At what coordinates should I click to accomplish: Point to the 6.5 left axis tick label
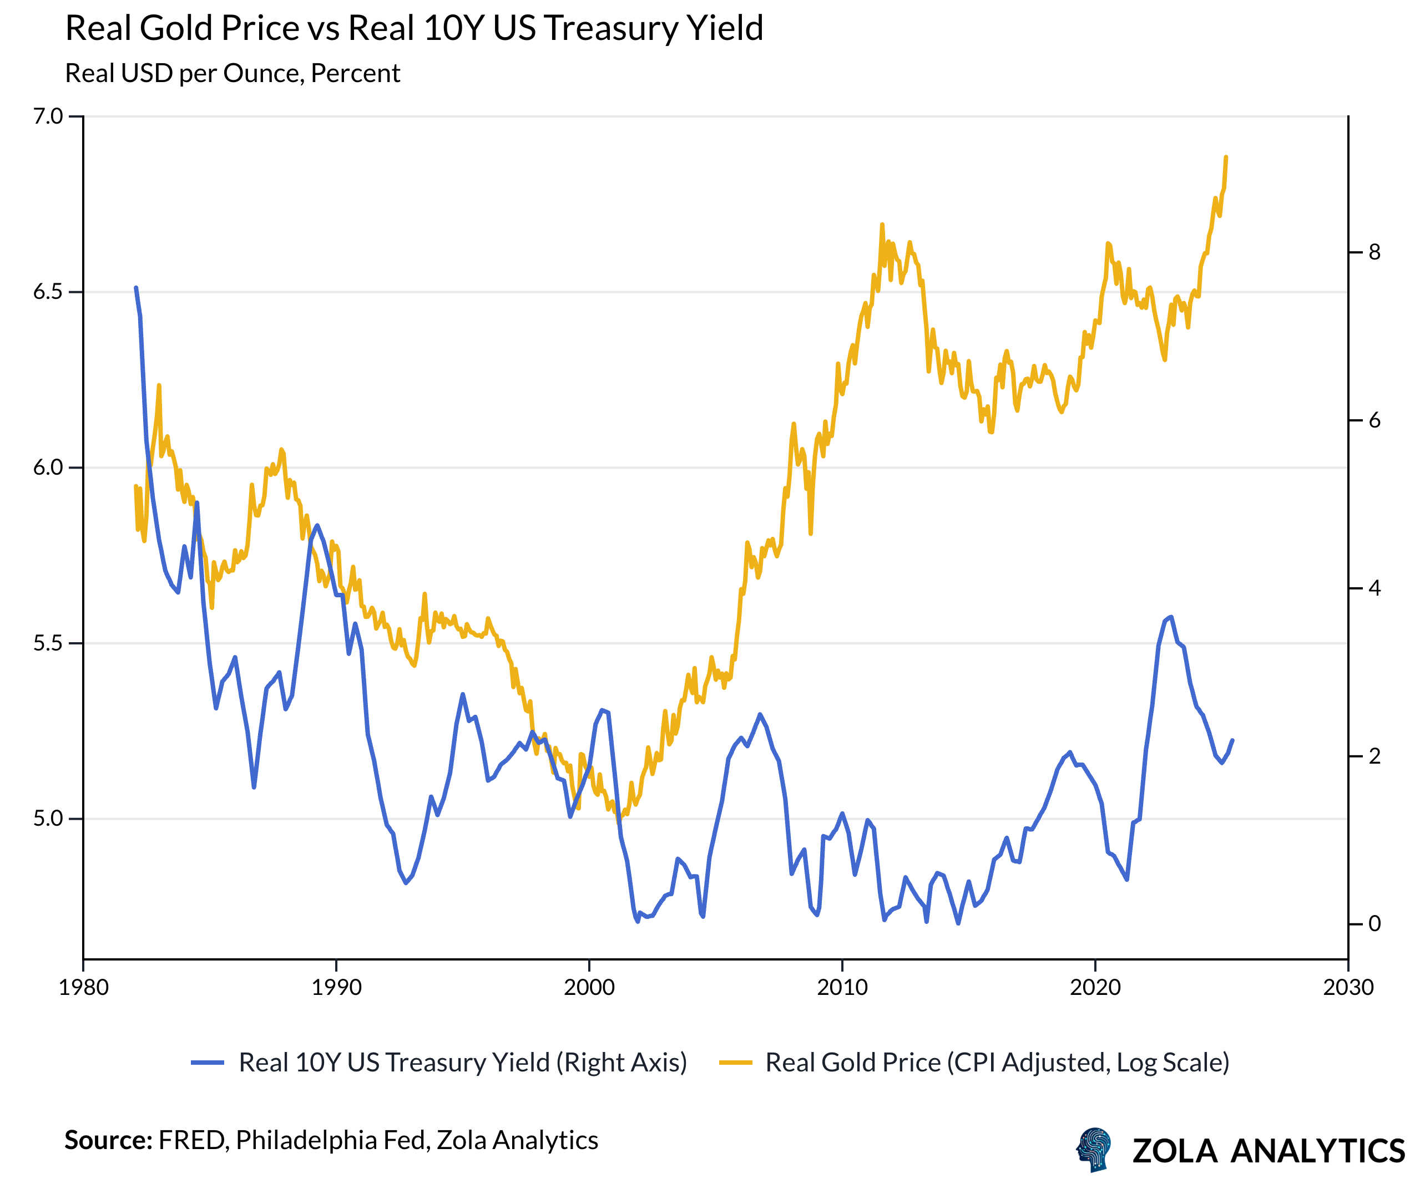coord(48,292)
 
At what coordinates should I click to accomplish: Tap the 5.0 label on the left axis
coord(48,819)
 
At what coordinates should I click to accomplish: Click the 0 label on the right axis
coord(1374,924)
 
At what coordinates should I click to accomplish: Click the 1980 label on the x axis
coord(83,988)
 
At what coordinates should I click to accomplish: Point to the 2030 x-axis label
coord(1348,988)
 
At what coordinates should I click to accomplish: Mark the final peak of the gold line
coord(1225,157)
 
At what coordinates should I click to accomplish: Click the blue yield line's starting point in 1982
coord(136,288)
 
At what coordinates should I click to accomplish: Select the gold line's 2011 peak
coord(882,225)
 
